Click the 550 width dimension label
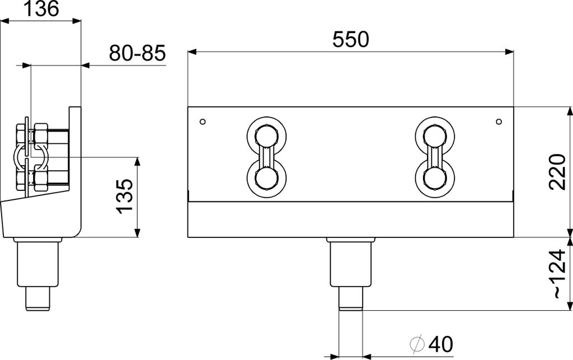tap(350, 40)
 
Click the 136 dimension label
tap(40, 8)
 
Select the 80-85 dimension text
tap(138, 53)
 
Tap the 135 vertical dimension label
tap(124, 197)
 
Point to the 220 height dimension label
tap(557, 172)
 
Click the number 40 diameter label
tap(440, 344)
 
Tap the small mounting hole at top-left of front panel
tap(203, 121)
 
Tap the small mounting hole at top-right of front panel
tap(499, 121)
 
